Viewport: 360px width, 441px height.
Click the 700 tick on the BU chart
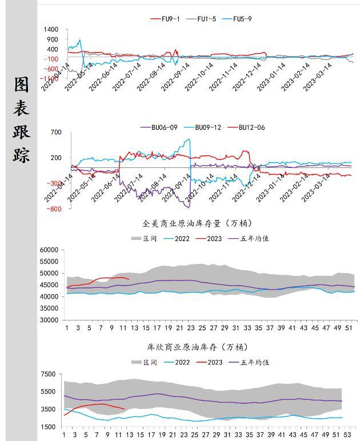point(55,133)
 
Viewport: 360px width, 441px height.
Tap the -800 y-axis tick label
point(54,209)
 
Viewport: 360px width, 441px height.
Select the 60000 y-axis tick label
point(48,250)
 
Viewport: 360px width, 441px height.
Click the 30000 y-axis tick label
point(48,320)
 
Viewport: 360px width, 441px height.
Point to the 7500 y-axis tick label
point(48,375)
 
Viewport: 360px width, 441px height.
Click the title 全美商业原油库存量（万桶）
point(197,223)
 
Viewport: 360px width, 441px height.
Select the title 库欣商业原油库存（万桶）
point(197,347)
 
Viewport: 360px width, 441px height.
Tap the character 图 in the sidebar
point(22,85)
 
